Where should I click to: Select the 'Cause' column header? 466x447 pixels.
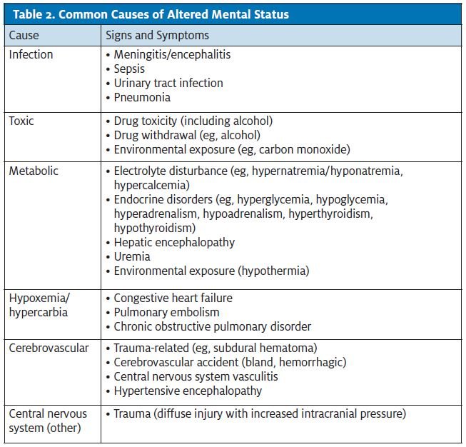24,34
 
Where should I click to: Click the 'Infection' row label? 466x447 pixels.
31,54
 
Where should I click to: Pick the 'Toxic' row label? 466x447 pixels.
21,121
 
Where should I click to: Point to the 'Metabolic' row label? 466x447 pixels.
33,171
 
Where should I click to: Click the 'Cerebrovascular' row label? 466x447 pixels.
49,348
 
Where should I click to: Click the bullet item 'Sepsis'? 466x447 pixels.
129,69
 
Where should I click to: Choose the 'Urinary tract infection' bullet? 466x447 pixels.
168,83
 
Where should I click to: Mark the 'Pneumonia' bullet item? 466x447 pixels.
142,97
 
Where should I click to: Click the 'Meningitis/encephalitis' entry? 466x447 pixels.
172,54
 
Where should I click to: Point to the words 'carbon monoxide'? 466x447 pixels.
305,149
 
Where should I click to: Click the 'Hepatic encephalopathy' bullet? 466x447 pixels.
174,242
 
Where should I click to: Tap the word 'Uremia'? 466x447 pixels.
132,256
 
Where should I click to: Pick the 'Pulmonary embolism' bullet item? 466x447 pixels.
167,312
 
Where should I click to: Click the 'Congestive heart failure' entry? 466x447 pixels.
173,298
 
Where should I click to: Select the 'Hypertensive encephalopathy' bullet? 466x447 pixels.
188,391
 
